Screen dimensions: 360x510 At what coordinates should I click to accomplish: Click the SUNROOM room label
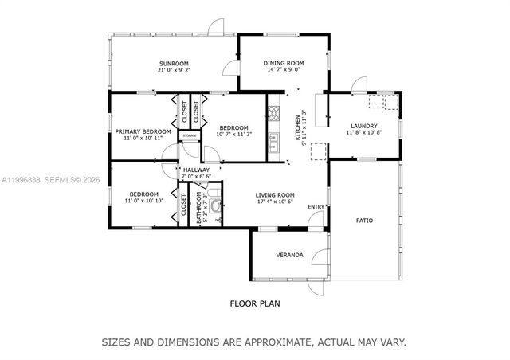[173, 64]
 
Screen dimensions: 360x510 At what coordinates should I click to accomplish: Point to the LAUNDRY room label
[363, 126]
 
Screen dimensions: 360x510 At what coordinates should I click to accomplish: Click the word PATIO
[364, 221]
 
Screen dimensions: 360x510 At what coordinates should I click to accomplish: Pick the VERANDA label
[289, 255]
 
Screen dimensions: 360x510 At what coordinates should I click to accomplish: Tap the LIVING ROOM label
[275, 195]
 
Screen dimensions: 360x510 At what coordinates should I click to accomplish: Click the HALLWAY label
[196, 170]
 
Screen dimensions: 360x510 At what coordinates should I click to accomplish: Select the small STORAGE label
[189, 136]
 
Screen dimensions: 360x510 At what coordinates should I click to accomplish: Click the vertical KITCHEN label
[298, 127]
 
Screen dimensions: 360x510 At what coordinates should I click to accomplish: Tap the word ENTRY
[316, 208]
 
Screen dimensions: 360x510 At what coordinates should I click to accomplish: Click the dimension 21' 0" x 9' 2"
[173, 71]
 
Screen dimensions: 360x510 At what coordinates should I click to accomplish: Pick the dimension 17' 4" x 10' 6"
[275, 202]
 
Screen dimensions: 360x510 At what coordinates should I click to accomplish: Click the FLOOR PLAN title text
[254, 303]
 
